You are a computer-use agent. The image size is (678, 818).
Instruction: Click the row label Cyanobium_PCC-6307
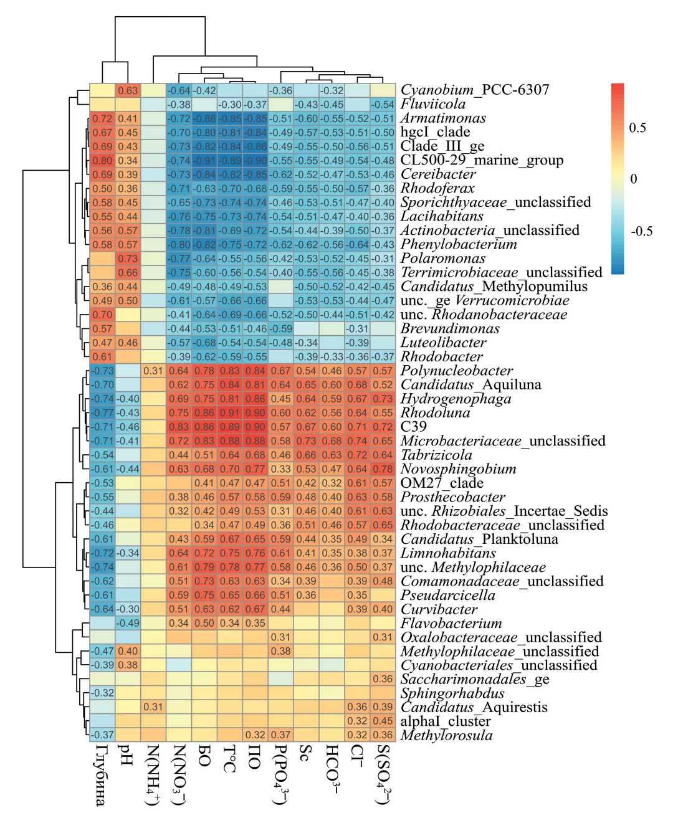pos(475,90)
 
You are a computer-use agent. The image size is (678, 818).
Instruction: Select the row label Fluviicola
pos(432,104)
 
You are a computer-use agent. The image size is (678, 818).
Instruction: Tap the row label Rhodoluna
pos(435,412)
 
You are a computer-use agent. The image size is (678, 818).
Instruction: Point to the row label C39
pos(414,427)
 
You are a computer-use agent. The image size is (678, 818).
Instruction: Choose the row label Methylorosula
pos(446,735)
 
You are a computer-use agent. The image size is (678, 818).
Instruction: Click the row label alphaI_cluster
pos(446,721)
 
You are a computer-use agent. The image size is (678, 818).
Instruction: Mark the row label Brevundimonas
pos(450,328)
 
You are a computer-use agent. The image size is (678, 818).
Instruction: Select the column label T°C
pos(229,758)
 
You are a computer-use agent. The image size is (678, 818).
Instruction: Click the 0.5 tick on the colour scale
pos(637,128)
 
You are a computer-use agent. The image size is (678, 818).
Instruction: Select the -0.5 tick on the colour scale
pos(641,231)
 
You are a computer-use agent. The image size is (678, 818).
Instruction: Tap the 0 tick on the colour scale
pos(633,179)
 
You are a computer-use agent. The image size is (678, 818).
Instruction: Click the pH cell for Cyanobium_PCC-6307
pos(128,90)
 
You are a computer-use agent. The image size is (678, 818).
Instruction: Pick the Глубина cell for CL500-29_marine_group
pos(102,160)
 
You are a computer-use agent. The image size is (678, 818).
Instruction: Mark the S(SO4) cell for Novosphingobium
pos(383,468)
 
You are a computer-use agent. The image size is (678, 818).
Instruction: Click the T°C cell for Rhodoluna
pos(229,412)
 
